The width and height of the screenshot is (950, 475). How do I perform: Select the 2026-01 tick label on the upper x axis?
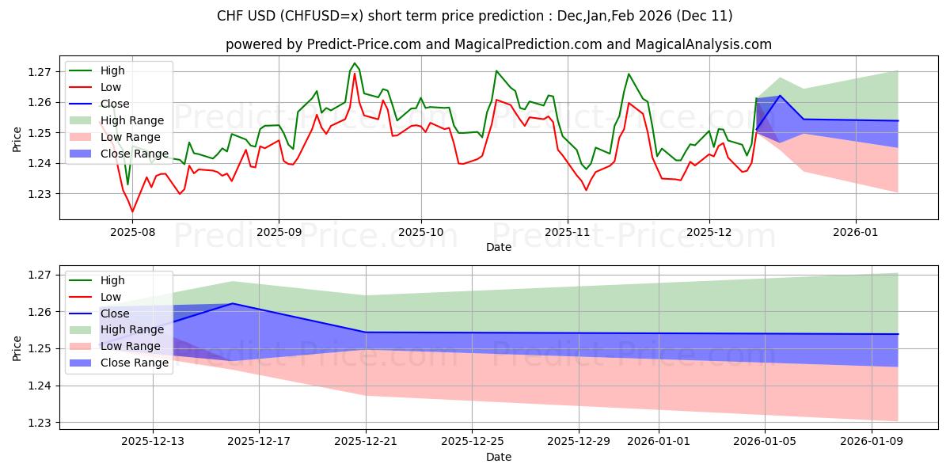click(x=855, y=233)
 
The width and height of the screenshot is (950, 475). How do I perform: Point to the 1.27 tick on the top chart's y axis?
click(x=40, y=72)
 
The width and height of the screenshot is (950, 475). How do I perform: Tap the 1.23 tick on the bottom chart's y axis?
click(x=40, y=423)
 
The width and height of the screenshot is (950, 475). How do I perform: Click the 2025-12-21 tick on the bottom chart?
click(x=366, y=441)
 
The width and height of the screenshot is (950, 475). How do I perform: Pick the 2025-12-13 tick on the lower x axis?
click(x=152, y=441)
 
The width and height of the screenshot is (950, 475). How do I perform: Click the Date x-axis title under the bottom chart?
click(x=499, y=457)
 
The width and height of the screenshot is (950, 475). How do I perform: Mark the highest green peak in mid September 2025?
click(x=354, y=63)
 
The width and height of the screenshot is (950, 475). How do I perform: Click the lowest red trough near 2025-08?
click(x=132, y=211)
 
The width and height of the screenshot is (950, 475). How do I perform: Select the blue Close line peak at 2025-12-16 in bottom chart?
click(x=232, y=303)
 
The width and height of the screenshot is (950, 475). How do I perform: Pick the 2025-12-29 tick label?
click(x=579, y=441)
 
